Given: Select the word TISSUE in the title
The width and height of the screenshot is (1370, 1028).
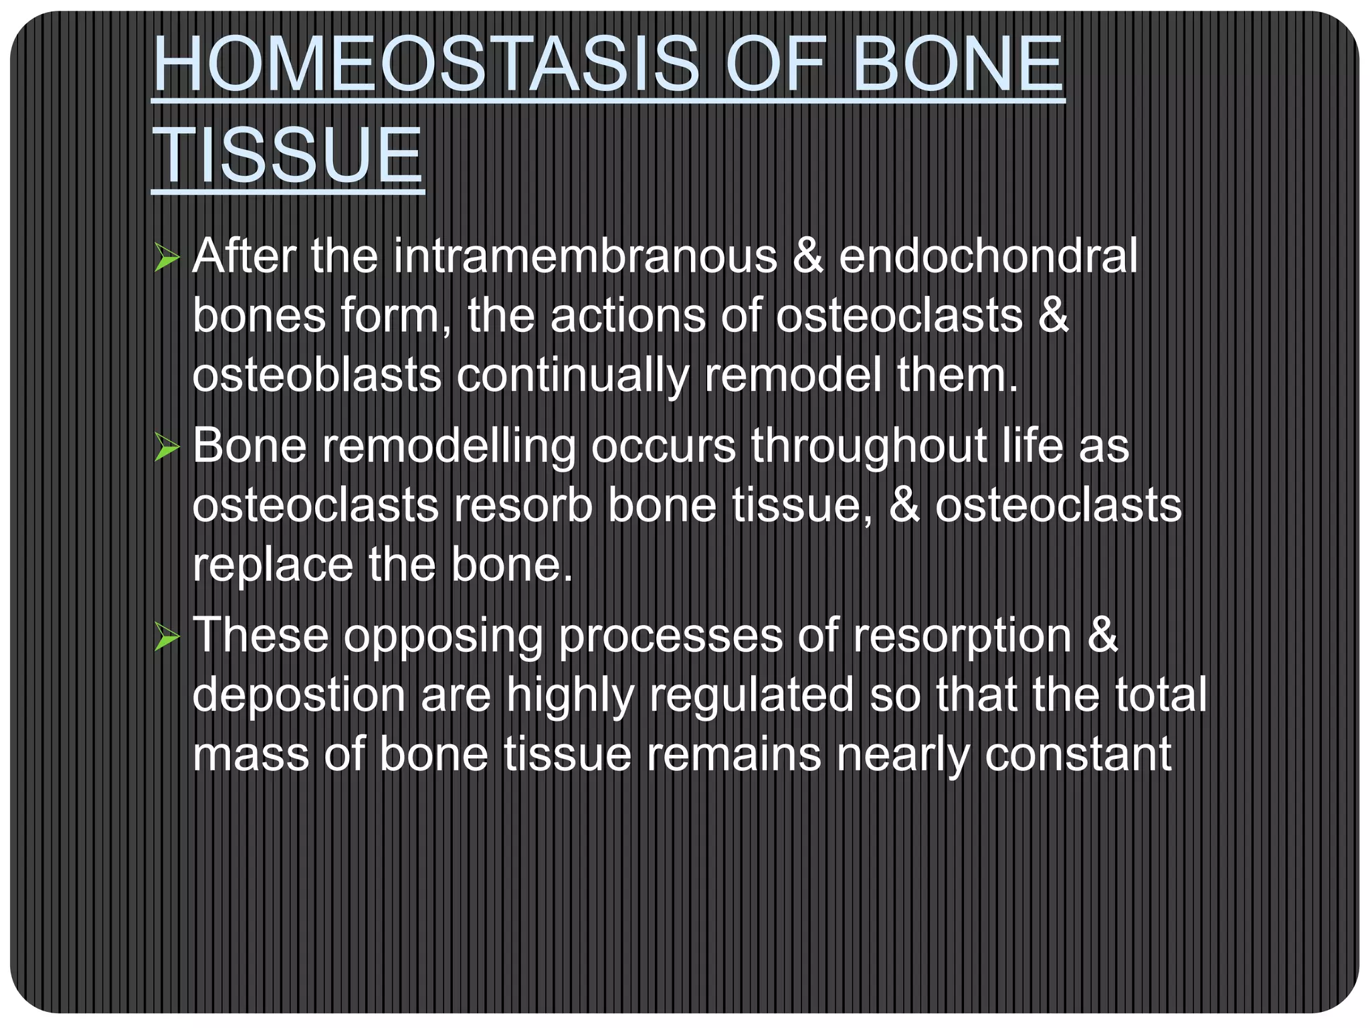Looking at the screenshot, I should tap(288, 155).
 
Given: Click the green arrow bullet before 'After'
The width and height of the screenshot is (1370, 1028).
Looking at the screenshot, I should tap(167, 258).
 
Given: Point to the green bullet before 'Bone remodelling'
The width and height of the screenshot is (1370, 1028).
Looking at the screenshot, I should tap(167, 447).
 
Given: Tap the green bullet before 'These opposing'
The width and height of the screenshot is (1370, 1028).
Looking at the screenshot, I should tap(167, 636).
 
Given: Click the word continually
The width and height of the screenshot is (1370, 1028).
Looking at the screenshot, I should tap(572, 376).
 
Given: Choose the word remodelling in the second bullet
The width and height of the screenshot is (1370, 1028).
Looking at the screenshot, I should tap(448, 446).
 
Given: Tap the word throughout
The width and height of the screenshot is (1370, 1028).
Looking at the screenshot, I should tap(868, 446).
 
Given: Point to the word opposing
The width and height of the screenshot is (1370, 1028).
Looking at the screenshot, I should tap(443, 637).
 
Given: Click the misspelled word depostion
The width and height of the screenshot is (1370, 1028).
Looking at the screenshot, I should tap(298, 696).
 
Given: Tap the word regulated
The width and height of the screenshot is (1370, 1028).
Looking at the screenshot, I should tap(751, 696).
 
